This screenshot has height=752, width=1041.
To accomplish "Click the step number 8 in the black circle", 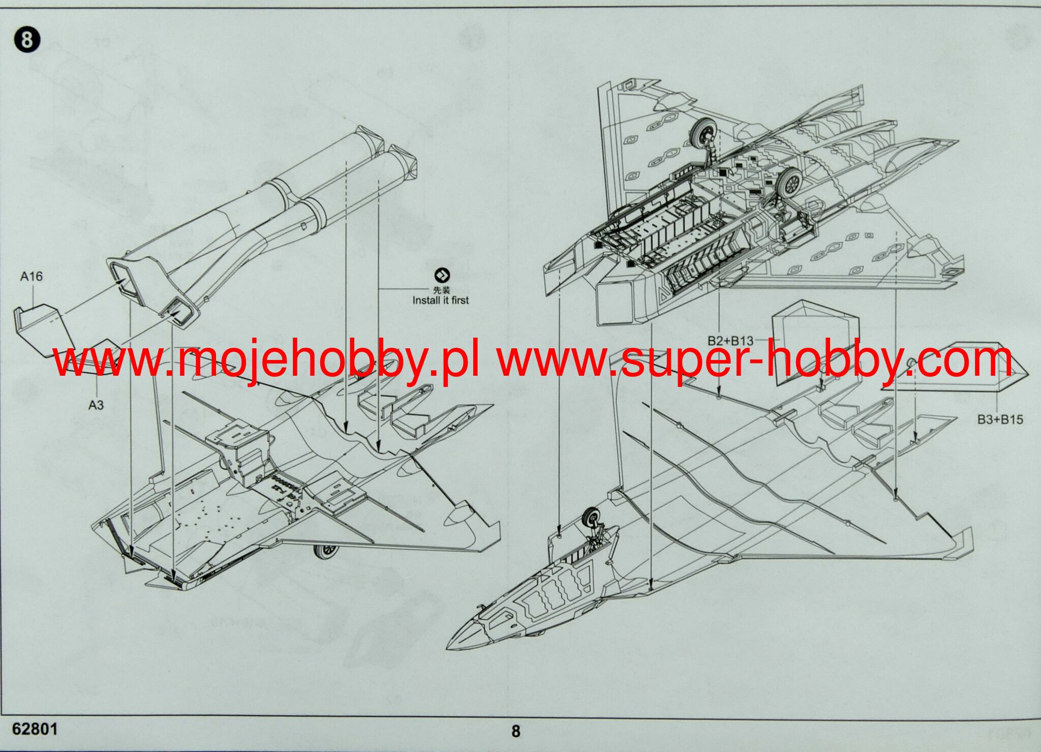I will [x=27, y=40].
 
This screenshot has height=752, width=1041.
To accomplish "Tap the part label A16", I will [x=32, y=277].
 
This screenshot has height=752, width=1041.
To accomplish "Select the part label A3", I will [x=96, y=405].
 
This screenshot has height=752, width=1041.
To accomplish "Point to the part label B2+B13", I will [x=730, y=341].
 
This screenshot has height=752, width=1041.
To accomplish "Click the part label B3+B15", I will [x=1000, y=419].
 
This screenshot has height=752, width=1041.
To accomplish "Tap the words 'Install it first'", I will [x=440, y=300].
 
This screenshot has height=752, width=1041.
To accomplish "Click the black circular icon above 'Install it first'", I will [x=442, y=276].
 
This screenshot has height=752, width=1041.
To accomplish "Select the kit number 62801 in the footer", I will [x=35, y=729].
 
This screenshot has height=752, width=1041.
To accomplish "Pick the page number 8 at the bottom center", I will [x=515, y=731].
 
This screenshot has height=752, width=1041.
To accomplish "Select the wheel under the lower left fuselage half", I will [x=326, y=551].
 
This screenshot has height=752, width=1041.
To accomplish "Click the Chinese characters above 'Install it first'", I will [x=441, y=290].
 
